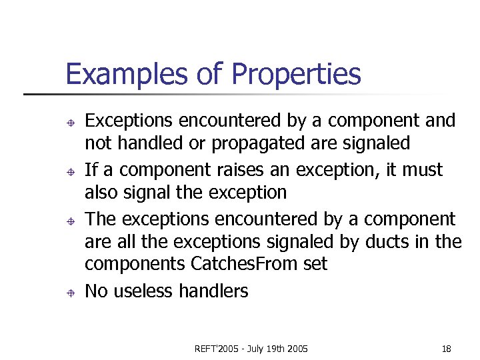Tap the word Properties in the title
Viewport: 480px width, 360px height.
coord(296,75)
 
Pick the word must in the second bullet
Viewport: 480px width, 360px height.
coord(421,170)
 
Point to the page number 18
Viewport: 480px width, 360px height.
coord(446,349)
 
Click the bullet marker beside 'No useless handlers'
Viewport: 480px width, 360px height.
coord(70,291)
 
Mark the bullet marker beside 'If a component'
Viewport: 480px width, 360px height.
coord(70,171)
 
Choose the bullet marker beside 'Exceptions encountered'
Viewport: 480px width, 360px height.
coord(70,122)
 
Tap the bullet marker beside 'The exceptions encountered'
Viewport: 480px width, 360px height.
coord(70,220)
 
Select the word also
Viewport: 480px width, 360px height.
coord(99,193)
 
